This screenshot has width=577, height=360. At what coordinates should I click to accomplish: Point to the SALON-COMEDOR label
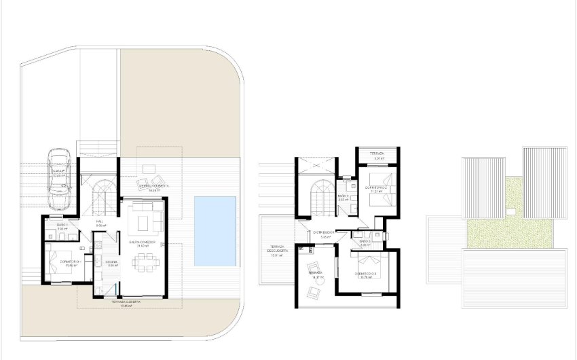coord(143,242)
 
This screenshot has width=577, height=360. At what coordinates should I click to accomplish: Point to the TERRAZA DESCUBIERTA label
coord(275,249)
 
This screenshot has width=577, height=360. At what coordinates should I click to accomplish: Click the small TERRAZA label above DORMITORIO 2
coord(376,154)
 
